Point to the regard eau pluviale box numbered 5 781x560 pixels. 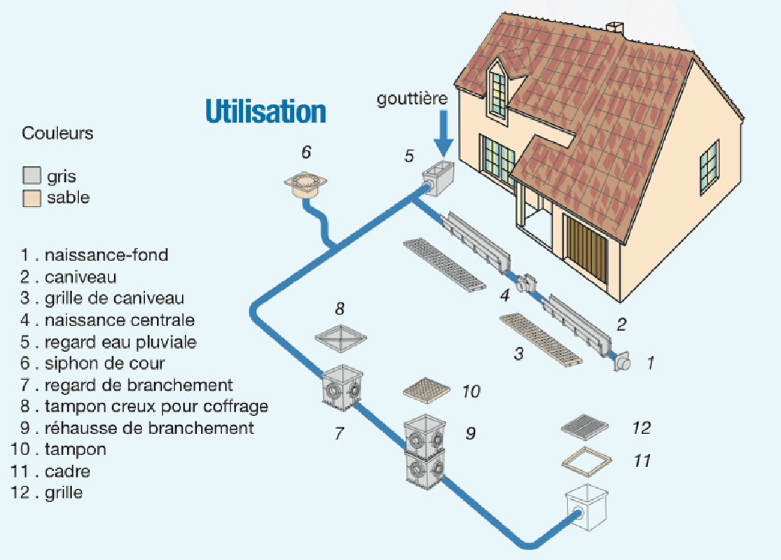437,178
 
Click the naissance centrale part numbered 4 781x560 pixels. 525,283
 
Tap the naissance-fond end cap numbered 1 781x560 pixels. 621,362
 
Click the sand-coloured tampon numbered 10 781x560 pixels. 425,389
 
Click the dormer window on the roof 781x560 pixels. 498,92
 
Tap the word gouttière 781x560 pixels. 412,99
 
